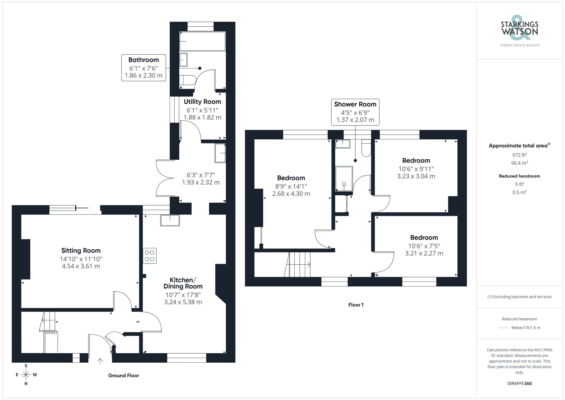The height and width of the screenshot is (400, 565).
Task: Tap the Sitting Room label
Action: (81, 250)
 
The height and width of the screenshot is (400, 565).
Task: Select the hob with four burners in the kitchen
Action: (149, 256)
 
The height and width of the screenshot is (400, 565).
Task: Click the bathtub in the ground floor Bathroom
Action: (202, 41)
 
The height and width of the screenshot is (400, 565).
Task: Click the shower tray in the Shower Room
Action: (344, 179)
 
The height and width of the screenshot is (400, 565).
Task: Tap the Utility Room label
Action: (202, 102)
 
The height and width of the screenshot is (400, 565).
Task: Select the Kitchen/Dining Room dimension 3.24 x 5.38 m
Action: (183, 302)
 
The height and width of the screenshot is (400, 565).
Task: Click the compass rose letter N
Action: (26, 384)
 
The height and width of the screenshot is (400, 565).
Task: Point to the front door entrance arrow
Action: (100, 361)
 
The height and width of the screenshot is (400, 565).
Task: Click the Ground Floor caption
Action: (123, 375)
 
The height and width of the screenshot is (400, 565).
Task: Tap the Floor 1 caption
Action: (356, 305)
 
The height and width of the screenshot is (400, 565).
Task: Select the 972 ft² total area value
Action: (519, 155)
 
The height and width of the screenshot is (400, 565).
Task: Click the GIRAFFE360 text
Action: (519, 383)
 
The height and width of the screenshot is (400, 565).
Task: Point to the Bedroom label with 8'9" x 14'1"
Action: (291, 178)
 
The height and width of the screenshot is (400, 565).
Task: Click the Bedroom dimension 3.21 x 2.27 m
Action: (424, 253)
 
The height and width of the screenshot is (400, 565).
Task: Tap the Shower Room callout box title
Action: (355, 104)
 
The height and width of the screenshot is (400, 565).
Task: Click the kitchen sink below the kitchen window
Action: (170, 220)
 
